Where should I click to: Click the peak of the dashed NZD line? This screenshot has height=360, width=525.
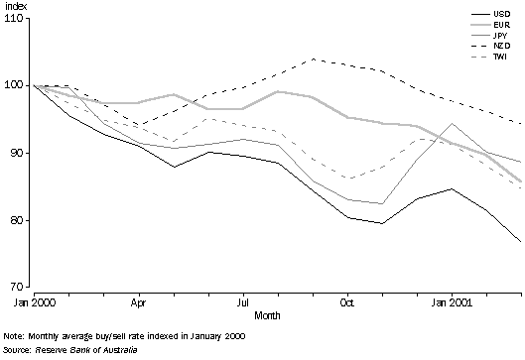[313, 59]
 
